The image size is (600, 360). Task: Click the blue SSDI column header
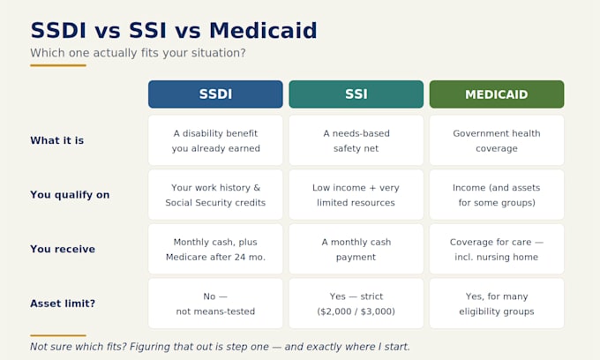click(215, 94)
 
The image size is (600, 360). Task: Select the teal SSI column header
click(356, 94)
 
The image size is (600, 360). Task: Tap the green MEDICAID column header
click(497, 94)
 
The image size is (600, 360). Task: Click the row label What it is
click(57, 140)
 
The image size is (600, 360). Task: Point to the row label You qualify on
click(70, 195)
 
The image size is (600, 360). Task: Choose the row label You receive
click(63, 249)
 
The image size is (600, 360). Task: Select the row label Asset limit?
click(63, 304)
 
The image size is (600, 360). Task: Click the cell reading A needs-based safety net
click(356, 140)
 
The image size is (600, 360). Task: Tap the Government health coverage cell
click(497, 140)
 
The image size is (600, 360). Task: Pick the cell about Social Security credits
click(215, 195)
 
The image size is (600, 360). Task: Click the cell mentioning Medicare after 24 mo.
click(215, 249)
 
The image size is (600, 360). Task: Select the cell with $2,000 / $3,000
click(356, 304)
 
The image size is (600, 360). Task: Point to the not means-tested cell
click(215, 304)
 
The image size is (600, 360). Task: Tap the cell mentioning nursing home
click(497, 249)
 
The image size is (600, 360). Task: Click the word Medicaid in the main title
click(263, 30)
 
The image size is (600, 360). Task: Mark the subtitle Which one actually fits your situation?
click(139, 53)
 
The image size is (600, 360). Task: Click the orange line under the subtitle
click(58, 65)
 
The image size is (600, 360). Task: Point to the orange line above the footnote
click(58, 335)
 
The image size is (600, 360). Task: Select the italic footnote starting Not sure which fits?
click(220, 347)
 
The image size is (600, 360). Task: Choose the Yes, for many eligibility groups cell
click(497, 304)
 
